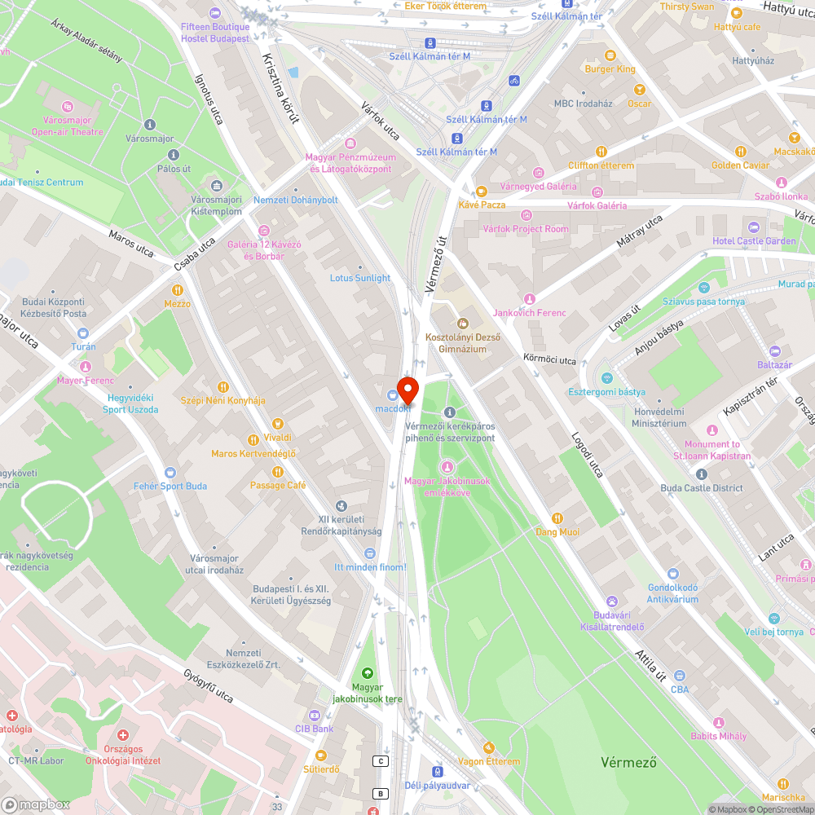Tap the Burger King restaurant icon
pos(610,55)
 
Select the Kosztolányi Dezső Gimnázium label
pos(462,343)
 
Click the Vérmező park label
pos(628,763)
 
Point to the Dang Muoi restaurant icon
pos(557,518)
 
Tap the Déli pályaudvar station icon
pos(438,771)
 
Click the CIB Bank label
pos(314,728)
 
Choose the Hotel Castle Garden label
pos(754,241)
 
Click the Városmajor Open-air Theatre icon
pos(68,107)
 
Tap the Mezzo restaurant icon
pos(177,290)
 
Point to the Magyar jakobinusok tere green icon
pos(367,673)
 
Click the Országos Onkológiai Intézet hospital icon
pos(122,735)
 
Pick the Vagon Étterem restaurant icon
pos(488,747)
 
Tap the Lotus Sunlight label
pos(359,278)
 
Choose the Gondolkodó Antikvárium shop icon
pos(672,574)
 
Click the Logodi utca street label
pos(586,455)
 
